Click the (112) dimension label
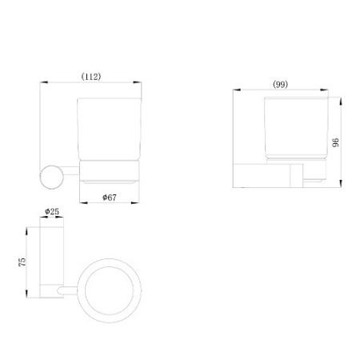[91, 77]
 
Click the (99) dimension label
[280, 85]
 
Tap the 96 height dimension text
[336, 142]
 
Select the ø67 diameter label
[110, 198]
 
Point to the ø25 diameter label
[52, 211]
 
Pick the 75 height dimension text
[22, 262]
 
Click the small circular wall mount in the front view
[51, 178]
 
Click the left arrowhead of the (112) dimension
[44, 82]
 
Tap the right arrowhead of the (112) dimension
[138, 82]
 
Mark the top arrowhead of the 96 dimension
[341, 102]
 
